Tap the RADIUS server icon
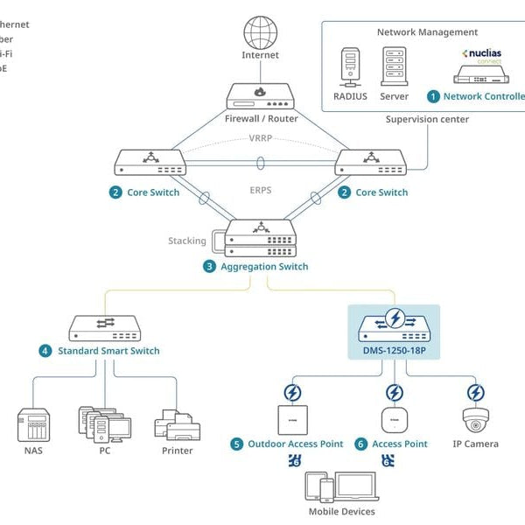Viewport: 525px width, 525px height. pos(349,67)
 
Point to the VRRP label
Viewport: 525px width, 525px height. pos(260,138)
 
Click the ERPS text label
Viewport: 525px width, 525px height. pos(260,188)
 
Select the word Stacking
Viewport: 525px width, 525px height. pos(187,241)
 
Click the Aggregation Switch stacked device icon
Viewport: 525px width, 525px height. pos(260,237)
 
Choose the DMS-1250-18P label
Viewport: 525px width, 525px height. pos(395,351)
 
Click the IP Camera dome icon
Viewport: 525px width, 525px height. pos(475,421)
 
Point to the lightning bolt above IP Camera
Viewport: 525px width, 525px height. pos(475,391)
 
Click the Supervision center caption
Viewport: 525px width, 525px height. pos(427,119)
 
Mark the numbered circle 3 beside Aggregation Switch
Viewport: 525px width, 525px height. pos(209,267)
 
